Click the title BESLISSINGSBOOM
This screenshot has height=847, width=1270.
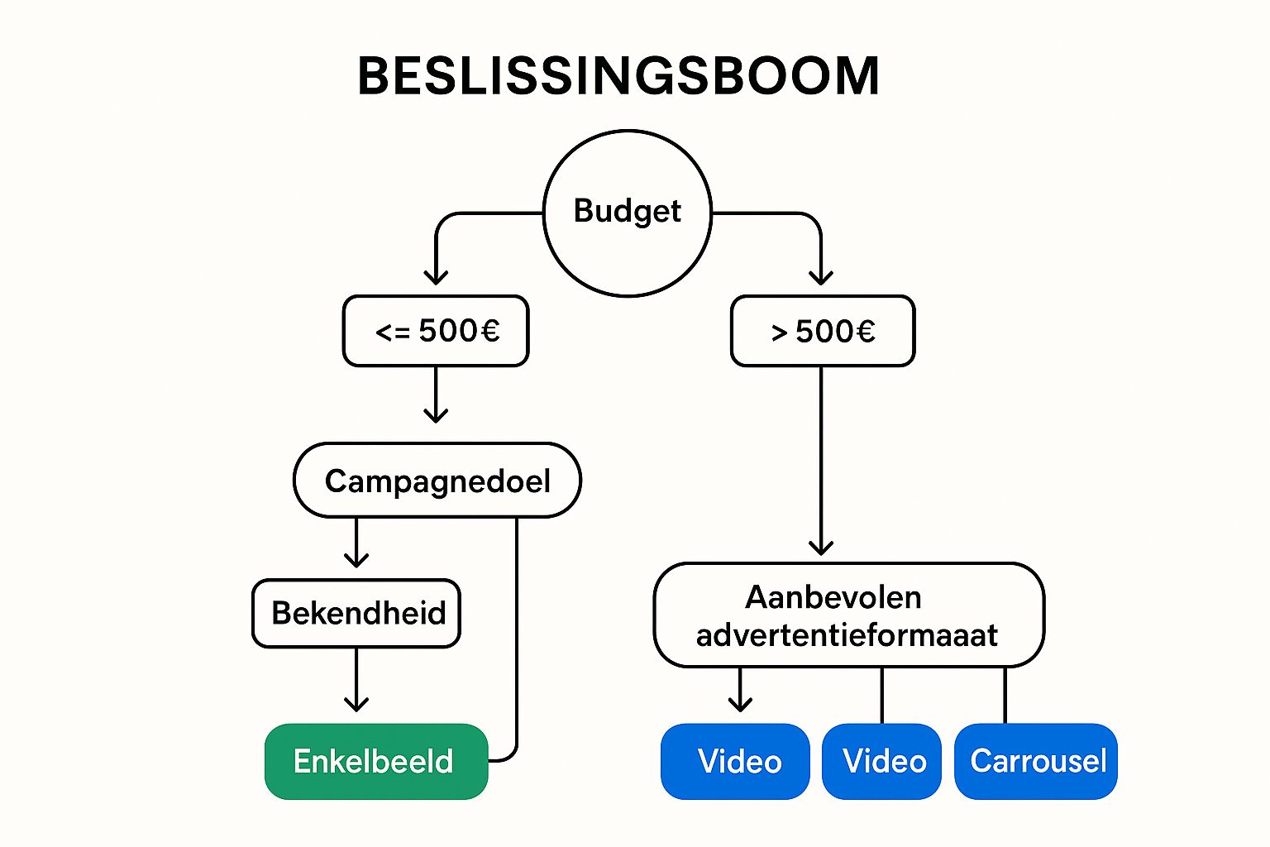[x=618, y=77]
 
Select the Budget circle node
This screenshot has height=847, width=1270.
[x=628, y=213]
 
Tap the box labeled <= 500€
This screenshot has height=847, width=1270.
[x=436, y=331]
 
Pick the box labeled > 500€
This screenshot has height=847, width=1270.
[x=823, y=331]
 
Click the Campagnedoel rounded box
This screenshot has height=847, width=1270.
[x=437, y=481]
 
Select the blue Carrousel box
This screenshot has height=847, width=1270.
[x=1036, y=761]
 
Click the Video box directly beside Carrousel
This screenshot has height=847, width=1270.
[x=882, y=761]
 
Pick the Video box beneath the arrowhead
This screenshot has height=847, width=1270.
[x=735, y=761]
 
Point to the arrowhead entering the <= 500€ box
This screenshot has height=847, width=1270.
[x=436, y=277]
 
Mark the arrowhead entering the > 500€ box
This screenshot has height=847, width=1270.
[x=821, y=277]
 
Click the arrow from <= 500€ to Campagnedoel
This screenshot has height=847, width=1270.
[x=436, y=395]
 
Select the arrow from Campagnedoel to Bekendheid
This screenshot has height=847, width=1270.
[x=356, y=543]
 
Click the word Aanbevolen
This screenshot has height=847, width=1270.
[x=833, y=597]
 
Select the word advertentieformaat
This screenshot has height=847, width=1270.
[x=847, y=635]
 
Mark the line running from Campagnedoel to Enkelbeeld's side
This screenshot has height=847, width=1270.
[x=517, y=637]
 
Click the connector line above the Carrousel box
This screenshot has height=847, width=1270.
[x=1005, y=695]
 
